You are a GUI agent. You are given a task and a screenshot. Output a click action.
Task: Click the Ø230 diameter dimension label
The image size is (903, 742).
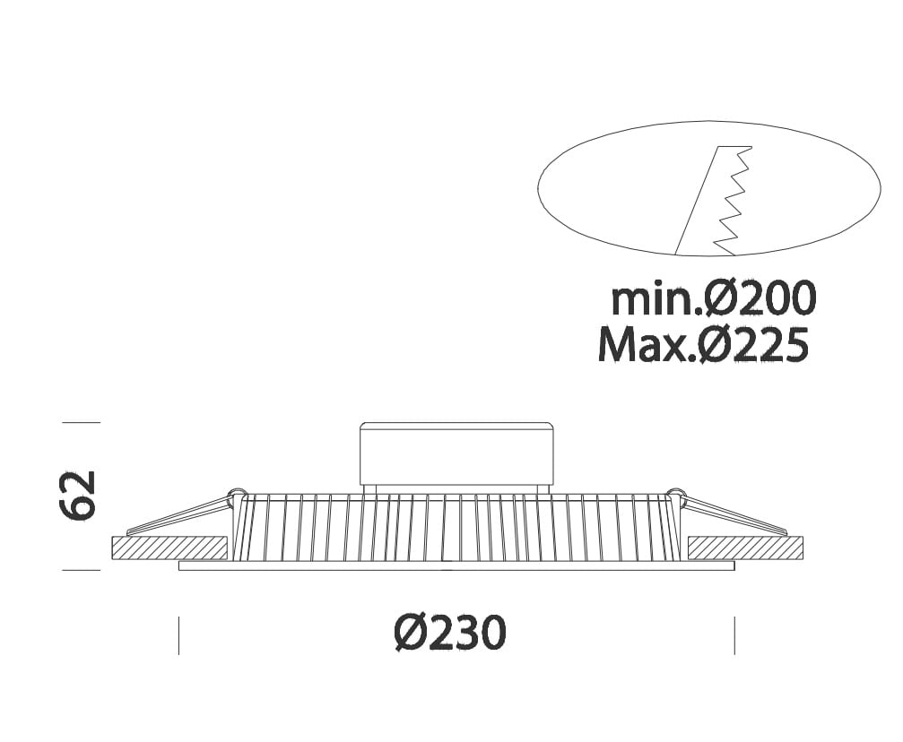coord(450,633)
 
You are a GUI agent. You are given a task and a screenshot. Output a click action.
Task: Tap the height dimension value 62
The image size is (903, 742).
coord(76,496)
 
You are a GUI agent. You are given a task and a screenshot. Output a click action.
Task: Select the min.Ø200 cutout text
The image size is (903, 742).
coord(714,298)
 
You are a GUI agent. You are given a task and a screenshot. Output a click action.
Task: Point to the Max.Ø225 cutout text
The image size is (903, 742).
coord(703,344)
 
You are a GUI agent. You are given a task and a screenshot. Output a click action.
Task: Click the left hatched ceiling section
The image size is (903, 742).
coord(168,548)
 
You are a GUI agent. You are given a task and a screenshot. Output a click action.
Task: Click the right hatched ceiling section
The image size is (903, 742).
coord(746,548)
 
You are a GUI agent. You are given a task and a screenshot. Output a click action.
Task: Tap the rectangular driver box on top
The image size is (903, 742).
coord(456,453)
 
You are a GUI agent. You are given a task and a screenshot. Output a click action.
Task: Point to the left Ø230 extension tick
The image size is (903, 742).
coord(178,635)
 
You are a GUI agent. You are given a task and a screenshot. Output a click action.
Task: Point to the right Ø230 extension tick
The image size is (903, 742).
coord(734,635)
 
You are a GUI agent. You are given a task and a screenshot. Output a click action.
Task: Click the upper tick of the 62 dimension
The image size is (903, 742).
coord(82,422)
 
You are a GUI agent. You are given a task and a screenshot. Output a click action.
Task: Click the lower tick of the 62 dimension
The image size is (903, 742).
coord(82,570)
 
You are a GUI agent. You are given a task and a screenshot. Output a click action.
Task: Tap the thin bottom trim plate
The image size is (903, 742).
coord(456,565)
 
